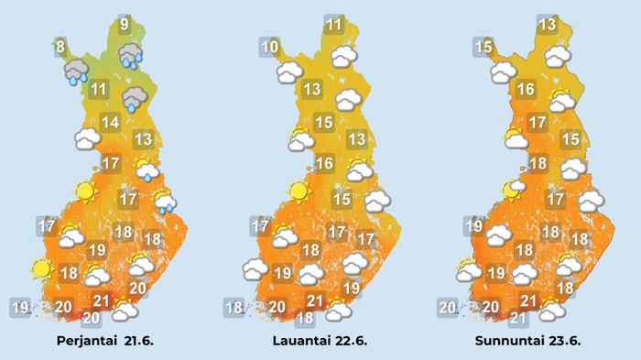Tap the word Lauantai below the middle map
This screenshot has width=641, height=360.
click(x=299, y=341)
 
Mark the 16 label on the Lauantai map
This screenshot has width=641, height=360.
click(x=323, y=165)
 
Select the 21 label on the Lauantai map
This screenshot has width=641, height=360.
click(x=315, y=300)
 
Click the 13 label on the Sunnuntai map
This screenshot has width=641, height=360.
click(x=547, y=25)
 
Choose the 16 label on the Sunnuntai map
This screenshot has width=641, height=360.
click(x=526, y=90)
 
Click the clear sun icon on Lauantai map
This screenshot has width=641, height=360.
click(x=298, y=191)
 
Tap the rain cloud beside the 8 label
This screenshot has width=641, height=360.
click(x=75, y=71)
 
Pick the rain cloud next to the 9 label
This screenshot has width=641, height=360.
click(x=129, y=55)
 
